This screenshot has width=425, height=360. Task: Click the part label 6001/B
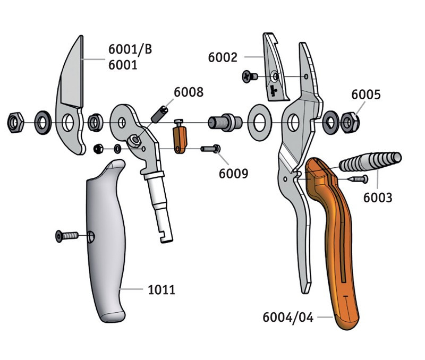pyautogui.click(x=130, y=50)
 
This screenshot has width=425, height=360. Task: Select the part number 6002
pyautogui.click(x=222, y=57)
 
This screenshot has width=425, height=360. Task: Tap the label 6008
pyautogui.click(x=188, y=92)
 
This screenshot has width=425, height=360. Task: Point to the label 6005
pyautogui.click(x=365, y=95)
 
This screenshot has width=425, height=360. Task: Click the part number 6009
pyautogui.click(x=233, y=173)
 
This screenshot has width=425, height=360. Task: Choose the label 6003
pyautogui.click(x=377, y=198)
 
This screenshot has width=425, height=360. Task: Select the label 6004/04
pyautogui.click(x=288, y=318)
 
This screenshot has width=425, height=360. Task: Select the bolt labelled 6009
pyautogui.click(x=210, y=149)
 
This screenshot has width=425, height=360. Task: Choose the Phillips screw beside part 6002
pyautogui.click(x=250, y=76)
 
